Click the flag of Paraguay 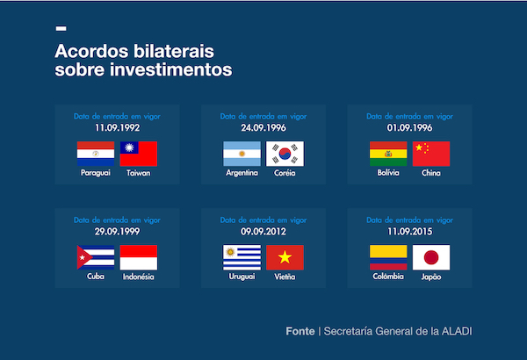click(x=96, y=154)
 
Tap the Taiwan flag click(x=138, y=154)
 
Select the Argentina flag click(x=242, y=154)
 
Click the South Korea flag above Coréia click(x=285, y=154)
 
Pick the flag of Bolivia click(x=388, y=154)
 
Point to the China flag click(x=431, y=154)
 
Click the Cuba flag click(x=96, y=257)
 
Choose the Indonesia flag click(x=138, y=257)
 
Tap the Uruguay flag click(x=242, y=257)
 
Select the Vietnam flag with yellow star click(x=285, y=257)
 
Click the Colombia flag click(x=388, y=257)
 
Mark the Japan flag click(x=431, y=257)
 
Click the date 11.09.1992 click(x=117, y=127)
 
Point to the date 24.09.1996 click(x=263, y=127)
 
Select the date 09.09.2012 click(x=263, y=231)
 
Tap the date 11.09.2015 click(x=409, y=231)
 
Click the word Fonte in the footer click(x=300, y=332)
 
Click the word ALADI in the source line click(x=464, y=332)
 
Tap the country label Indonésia click(x=138, y=277)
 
